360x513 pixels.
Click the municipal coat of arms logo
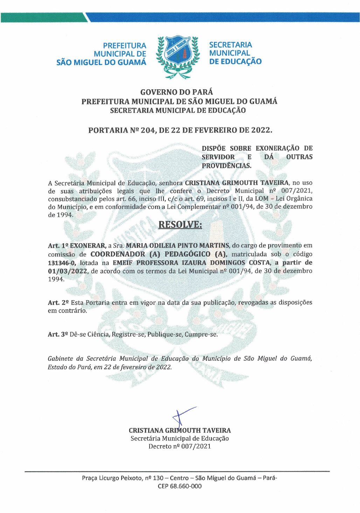tap(178, 56)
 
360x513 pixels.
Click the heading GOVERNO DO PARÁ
tap(176, 92)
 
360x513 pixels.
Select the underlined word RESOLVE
tap(180, 224)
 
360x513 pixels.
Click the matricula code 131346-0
tap(62, 263)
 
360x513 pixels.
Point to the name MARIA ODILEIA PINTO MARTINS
tap(178, 246)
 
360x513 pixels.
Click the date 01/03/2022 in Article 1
tap(68, 271)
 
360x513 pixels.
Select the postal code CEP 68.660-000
tap(180, 486)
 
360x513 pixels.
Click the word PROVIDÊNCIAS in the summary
tap(226, 166)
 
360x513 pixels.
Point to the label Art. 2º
tap(58, 303)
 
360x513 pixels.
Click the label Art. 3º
tap(58, 335)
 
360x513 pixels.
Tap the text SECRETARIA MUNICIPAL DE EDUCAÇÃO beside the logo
tap(235, 53)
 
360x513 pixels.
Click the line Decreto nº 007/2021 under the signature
tap(180, 446)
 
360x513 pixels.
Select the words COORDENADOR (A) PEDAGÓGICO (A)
tap(159, 254)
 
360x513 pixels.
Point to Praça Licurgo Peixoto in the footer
tap(112, 478)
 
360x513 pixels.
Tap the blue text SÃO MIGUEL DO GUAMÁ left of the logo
tap(101, 63)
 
